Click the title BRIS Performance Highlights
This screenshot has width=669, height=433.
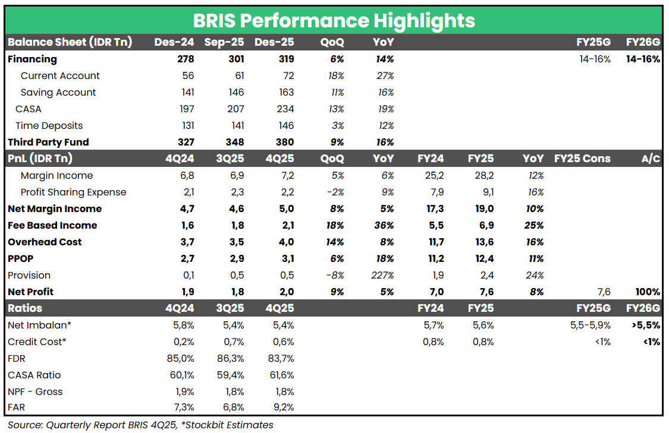coord(334,21)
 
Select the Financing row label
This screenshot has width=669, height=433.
coord(32,59)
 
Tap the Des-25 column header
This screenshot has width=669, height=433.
coord(274,42)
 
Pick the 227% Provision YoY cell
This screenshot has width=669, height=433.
coord(383,275)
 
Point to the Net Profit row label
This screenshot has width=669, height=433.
coord(30,292)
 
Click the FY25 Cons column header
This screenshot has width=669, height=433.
coord(582,159)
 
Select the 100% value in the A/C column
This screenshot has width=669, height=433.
coord(647,292)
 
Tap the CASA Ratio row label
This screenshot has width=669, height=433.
coord(34,375)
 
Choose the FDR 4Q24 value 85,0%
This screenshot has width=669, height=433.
coord(181,358)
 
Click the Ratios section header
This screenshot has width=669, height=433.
coord(25,308)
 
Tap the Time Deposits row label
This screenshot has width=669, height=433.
coord(49,125)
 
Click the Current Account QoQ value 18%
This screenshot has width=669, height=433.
coord(335,75)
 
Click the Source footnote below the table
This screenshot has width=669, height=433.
coord(140,425)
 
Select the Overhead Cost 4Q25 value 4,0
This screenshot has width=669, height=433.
coord(286,242)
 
